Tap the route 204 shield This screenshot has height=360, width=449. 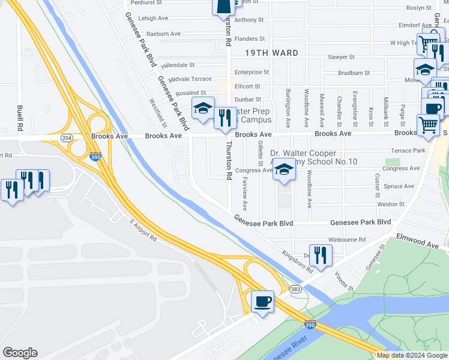66,137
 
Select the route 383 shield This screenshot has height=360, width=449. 295,289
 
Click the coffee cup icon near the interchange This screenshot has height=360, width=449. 262,301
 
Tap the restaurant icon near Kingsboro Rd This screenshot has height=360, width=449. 320,254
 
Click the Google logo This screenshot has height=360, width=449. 20,352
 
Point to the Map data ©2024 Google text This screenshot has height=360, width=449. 411,355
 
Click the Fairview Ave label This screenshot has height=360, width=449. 244,196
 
